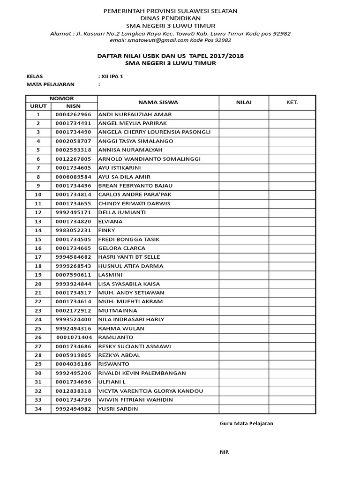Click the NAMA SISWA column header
coord(158,102)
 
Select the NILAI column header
coord(244,102)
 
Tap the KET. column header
coord(292,102)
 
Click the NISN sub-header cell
coord(73,106)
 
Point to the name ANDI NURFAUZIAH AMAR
coord(135,114)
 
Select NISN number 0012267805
coord(73,159)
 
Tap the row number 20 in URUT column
coord(38,284)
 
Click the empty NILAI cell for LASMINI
coord(244,275)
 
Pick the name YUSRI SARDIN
coord(118,409)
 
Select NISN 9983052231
coord(73,230)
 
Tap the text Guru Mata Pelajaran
coord(247,423)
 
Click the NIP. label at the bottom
coord(225,451)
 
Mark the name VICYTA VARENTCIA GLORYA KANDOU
coord(151,391)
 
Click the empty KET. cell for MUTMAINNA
coord(292,310)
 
